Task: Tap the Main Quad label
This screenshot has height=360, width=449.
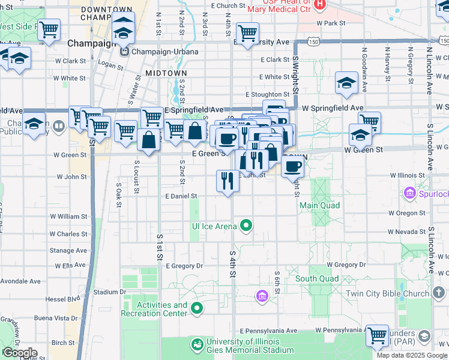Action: pyautogui.click(x=320, y=205)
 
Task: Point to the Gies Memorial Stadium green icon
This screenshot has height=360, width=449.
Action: pyautogui.click(x=197, y=344)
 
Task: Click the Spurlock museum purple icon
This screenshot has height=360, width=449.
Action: pyautogui.click(x=411, y=194)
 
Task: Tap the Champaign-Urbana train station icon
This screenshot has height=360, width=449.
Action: pyautogui.click(x=125, y=51)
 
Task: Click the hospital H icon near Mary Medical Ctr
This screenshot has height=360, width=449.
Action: pyautogui.click(x=319, y=5)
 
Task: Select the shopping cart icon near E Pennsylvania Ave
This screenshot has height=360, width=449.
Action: pyautogui.click(x=378, y=335)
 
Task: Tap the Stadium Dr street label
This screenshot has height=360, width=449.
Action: pyautogui.click(x=109, y=292)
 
